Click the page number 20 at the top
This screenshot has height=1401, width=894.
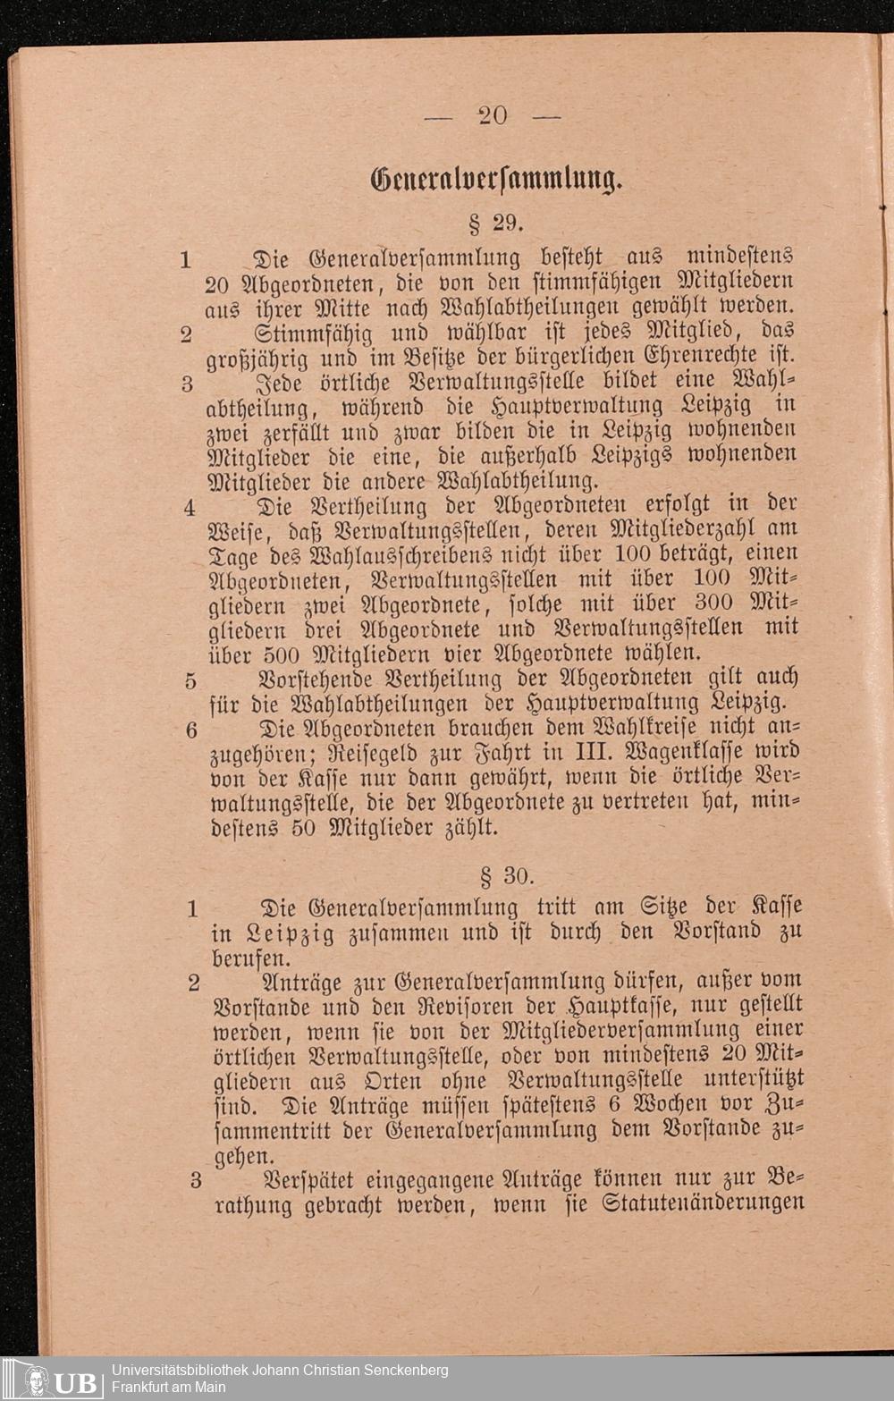tap(493, 115)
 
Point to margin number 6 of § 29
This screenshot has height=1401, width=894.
tap(191, 730)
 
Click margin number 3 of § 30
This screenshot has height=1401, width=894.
tap(196, 1180)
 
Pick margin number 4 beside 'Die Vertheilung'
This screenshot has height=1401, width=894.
tap(190, 508)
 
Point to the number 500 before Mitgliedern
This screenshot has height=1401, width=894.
tap(289, 654)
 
